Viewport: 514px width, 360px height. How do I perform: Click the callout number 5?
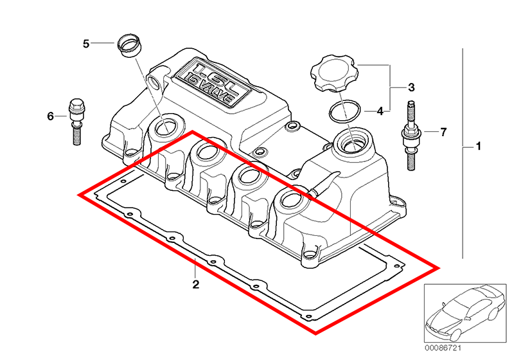pyautogui.click(x=86, y=44)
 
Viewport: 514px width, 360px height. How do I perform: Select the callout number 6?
pyautogui.click(x=50, y=116)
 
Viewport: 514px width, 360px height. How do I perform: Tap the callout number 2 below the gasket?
pyautogui.click(x=195, y=284)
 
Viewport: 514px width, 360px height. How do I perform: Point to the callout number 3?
pyautogui.click(x=411, y=87)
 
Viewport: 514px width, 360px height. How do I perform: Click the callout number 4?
pyautogui.click(x=380, y=111)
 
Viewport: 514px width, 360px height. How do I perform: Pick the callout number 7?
pyautogui.click(x=443, y=132)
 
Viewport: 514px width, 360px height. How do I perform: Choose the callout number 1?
pyautogui.click(x=478, y=146)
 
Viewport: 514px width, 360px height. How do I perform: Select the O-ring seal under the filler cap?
pyautogui.click(x=345, y=111)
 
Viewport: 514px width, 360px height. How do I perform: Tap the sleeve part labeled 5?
pyautogui.click(x=129, y=45)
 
